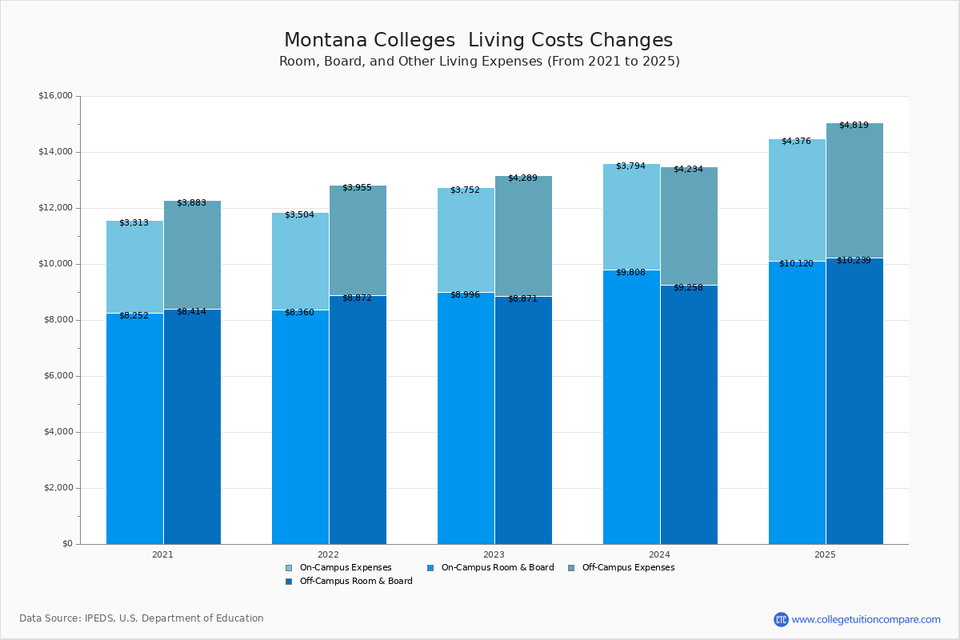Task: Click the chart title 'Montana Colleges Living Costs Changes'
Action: click(478, 40)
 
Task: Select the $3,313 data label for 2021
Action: click(134, 222)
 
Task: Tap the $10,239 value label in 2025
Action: click(854, 260)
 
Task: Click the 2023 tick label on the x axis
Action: click(494, 554)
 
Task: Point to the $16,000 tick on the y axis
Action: click(55, 96)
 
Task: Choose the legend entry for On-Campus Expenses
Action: click(345, 567)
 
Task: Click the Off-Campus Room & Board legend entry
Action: click(355, 581)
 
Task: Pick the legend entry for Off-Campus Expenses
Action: click(627, 567)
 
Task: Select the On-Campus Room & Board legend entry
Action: click(497, 567)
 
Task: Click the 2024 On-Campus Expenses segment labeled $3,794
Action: click(631, 217)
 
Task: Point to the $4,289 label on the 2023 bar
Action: click(522, 178)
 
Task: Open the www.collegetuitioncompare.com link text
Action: click(866, 619)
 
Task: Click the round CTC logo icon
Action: click(781, 619)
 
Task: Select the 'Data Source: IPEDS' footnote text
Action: click(142, 618)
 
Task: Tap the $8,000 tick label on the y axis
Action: click(55, 320)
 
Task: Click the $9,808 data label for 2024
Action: click(630, 271)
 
